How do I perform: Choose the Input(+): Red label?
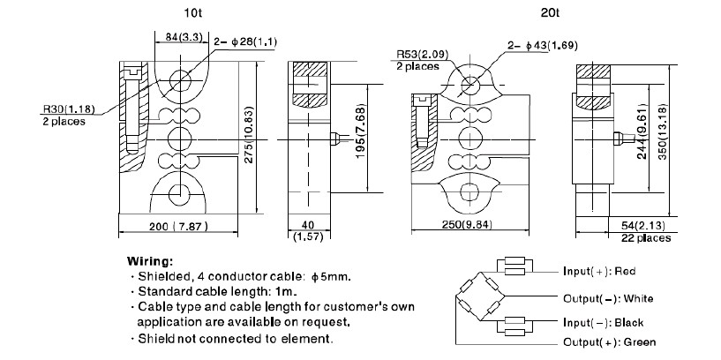pos(599,270)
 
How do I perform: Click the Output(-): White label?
pos(606,298)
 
